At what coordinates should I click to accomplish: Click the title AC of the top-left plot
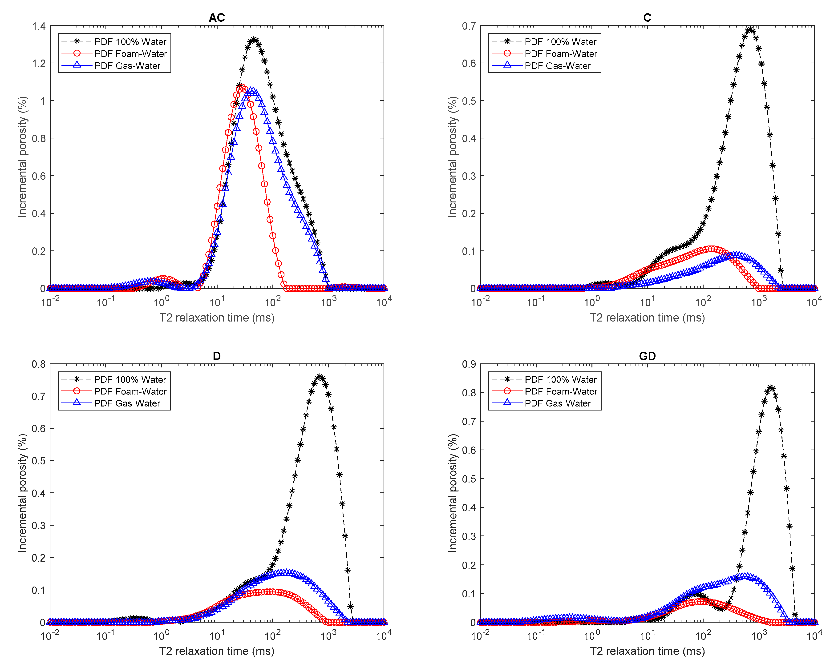[216, 18]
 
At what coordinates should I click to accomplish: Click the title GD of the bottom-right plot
[647, 356]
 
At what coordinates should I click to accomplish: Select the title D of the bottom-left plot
[216, 356]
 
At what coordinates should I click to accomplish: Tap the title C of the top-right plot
[647, 18]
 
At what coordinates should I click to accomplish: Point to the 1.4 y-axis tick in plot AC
[39, 26]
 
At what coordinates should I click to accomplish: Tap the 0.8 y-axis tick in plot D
[39, 364]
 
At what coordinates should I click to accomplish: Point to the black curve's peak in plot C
[750, 30]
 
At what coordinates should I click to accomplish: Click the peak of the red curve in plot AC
[241, 88]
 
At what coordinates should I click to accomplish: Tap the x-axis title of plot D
[216, 651]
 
